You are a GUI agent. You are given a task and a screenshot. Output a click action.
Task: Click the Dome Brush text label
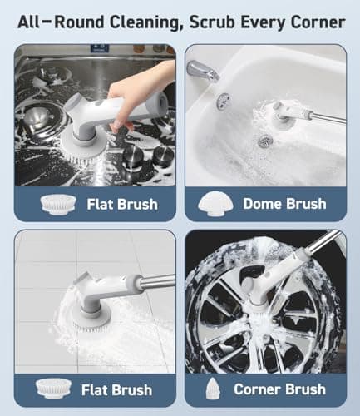[283, 203]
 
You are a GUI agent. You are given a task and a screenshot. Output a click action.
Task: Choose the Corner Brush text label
[283, 389]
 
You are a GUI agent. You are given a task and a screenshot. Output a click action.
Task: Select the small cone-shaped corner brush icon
[215, 388]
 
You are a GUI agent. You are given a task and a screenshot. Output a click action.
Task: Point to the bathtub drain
[264, 141]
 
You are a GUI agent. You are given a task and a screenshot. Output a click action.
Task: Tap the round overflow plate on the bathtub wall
[223, 101]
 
